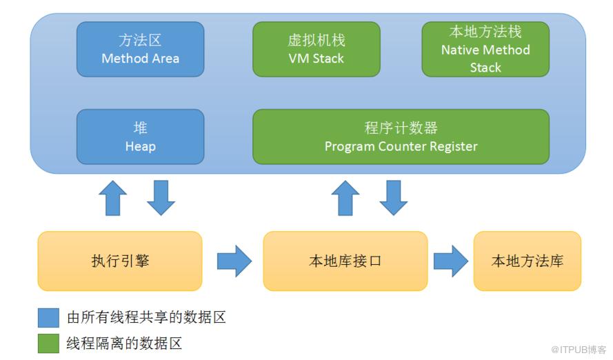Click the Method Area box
pyautogui.click(x=140, y=49)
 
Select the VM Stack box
pyautogui.click(x=316, y=49)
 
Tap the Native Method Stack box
pyautogui.click(x=485, y=49)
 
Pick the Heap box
pyautogui.click(x=140, y=137)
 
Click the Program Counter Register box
pyautogui.click(x=401, y=137)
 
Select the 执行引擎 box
pyautogui.click(x=120, y=261)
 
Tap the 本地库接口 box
pyautogui.click(x=345, y=261)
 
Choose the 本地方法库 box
pyautogui.click(x=527, y=261)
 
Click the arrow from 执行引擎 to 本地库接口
pyautogui.click(x=234, y=261)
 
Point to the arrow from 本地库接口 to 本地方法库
pyautogui.click(x=450, y=261)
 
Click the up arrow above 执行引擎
pyautogui.click(x=113, y=199)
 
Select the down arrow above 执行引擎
pyautogui.click(x=161, y=199)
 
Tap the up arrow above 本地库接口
pyautogui.click(x=345, y=199)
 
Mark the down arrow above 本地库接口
pyautogui.click(x=393, y=199)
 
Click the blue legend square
pyautogui.click(x=48, y=318)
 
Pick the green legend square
pyautogui.click(x=48, y=343)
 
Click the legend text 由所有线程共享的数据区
pyautogui.click(x=147, y=318)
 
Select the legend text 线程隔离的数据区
pyautogui.click(x=125, y=343)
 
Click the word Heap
pyautogui.click(x=140, y=146)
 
